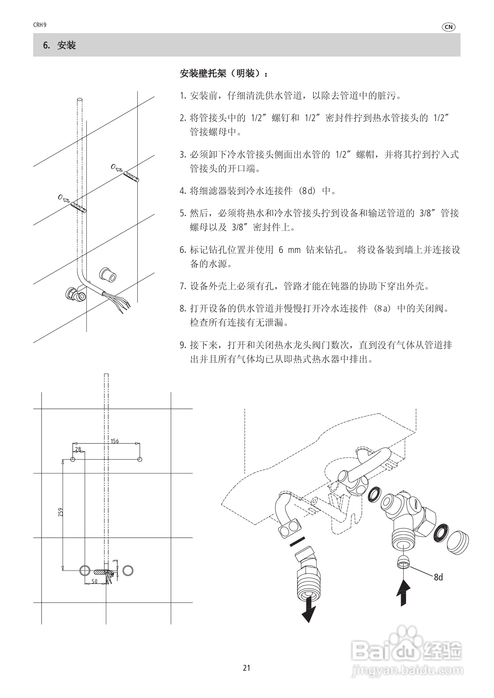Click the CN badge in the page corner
[x=448, y=27]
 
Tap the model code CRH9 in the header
[x=40, y=25]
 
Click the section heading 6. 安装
[x=60, y=46]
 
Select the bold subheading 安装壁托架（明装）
[x=224, y=74]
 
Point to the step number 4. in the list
[x=183, y=191]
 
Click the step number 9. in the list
[x=183, y=345]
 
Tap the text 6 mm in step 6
[x=290, y=250]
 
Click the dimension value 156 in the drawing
[x=115, y=441]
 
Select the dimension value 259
[x=60, y=512]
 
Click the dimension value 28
[x=78, y=449]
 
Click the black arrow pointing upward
[x=403, y=593]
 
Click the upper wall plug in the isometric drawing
[x=131, y=177]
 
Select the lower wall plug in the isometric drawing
[x=79, y=208]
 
